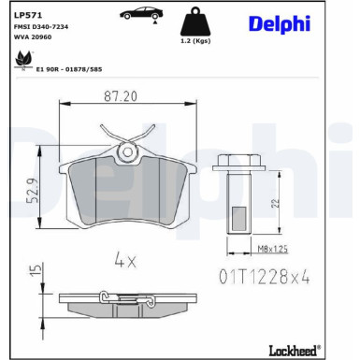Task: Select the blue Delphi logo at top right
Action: [x=281, y=23]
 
